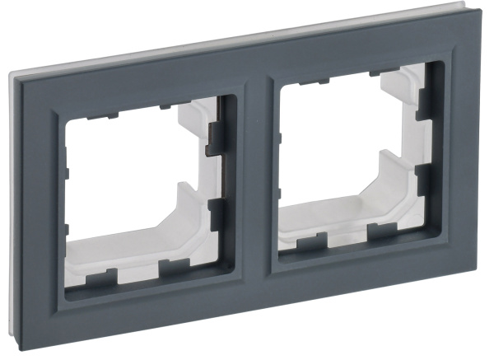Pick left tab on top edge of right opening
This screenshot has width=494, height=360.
310,82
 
